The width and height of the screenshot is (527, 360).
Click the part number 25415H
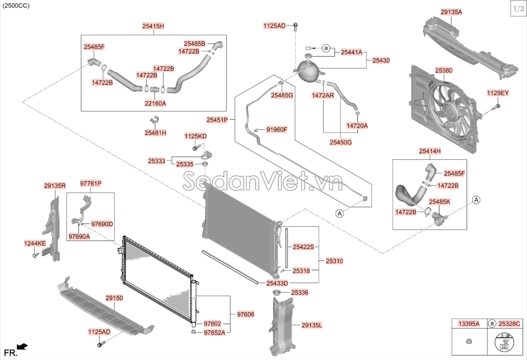tap(153, 26)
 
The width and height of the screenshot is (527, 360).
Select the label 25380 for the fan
tap(444, 71)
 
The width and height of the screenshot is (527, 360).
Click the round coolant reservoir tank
tap(308, 71)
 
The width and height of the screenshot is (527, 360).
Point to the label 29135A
tap(451, 12)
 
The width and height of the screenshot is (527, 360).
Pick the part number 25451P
tap(217, 120)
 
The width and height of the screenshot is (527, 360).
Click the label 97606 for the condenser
tap(246, 315)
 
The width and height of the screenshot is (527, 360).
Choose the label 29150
tap(114, 298)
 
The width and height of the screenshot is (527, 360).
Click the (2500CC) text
tap(16, 6)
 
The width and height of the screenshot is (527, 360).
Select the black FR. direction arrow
tap(22, 346)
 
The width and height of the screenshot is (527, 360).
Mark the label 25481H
tap(156, 133)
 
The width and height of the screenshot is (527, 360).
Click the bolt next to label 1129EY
tap(496, 108)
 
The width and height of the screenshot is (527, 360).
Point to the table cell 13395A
tap(469, 324)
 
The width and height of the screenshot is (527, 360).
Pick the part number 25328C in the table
tap(509, 324)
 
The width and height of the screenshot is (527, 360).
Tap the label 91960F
tap(277, 129)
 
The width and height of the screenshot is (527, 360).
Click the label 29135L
tap(312, 325)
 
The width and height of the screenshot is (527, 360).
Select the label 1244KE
tap(35, 243)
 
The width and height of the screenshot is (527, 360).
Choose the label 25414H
tap(430, 151)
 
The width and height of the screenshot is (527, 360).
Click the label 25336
tap(300, 293)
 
